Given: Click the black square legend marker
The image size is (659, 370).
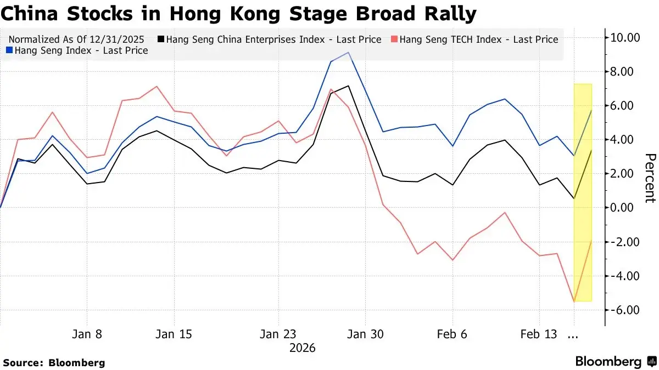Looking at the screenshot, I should pyautogui.click(x=161, y=39).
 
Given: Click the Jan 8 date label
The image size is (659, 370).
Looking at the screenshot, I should pyautogui.click(x=87, y=334).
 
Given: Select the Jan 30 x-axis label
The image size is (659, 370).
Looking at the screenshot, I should pyautogui.click(x=365, y=334).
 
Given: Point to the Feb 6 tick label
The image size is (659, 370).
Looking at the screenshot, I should pyautogui.click(x=452, y=334).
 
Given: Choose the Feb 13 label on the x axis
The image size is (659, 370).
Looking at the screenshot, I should pyautogui.click(x=538, y=334).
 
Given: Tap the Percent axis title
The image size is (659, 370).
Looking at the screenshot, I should pyautogui.click(x=650, y=178).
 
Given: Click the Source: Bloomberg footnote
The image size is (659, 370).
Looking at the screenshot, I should pyautogui.click(x=54, y=362).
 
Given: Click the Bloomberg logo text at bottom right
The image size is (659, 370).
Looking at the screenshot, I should pyautogui.click(x=608, y=362).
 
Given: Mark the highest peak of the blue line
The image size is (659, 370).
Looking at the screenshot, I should pyautogui.click(x=349, y=53).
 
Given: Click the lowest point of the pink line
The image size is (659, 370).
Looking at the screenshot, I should pyautogui.click(x=574, y=301).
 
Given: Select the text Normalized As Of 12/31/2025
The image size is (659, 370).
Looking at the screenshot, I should pyautogui.click(x=76, y=39).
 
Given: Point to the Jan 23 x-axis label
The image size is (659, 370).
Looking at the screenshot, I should pyautogui.click(x=278, y=334).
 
